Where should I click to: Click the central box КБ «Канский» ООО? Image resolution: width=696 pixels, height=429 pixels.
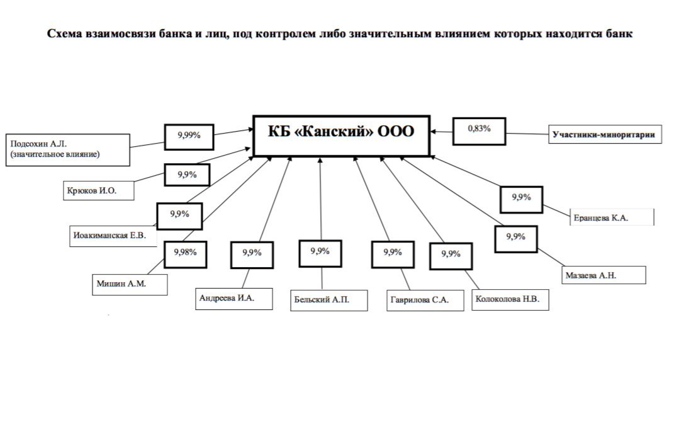[341, 135]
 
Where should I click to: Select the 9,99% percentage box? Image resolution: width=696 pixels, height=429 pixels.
[189, 135]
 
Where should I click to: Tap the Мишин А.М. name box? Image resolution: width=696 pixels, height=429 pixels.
[129, 284]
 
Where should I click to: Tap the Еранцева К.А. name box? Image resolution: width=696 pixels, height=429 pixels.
[612, 218]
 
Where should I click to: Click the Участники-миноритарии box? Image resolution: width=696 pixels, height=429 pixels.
[607, 134]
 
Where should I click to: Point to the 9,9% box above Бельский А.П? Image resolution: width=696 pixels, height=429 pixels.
[320, 252]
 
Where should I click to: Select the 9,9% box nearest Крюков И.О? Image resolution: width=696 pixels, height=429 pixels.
[187, 175]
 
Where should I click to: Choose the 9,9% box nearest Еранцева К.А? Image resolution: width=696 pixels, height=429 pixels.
[521, 197]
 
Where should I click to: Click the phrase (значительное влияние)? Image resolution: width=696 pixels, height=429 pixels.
[55, 154]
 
